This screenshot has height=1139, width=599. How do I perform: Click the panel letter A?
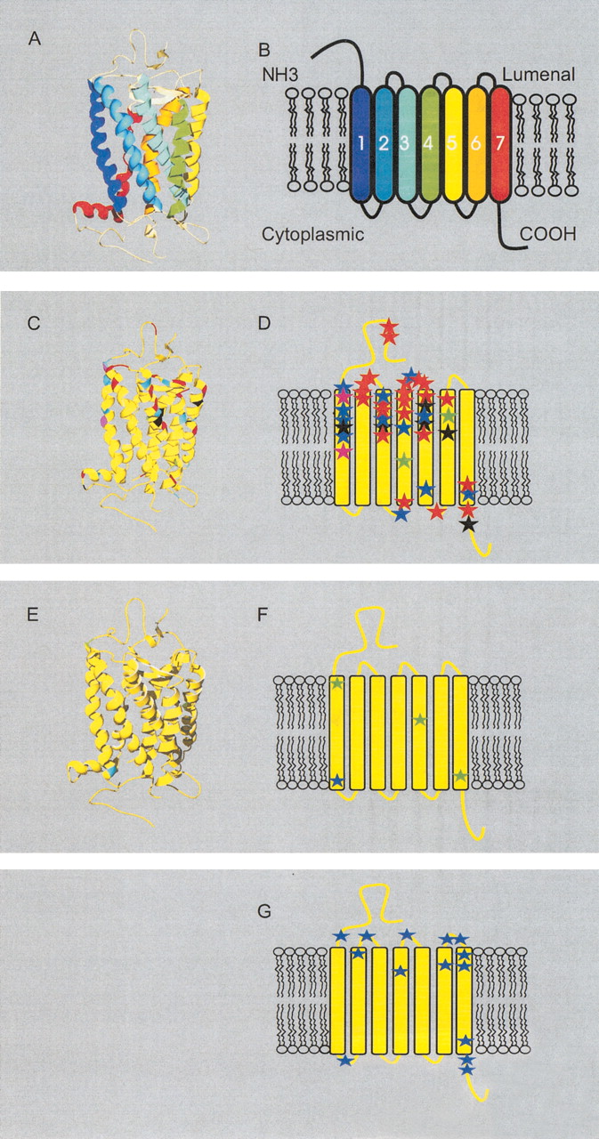(x=34, y=38)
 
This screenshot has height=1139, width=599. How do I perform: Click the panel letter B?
(x=264, y=50)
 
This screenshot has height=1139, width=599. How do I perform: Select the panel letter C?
(x=34, y=323)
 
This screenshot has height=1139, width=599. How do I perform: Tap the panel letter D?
(x=264, y=323)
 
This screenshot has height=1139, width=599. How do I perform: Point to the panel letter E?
(x=33, y=615)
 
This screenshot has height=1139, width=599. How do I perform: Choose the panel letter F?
(x=263, y=615)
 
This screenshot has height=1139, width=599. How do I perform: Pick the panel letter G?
(x=264, y=912)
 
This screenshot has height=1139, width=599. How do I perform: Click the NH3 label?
(x=280, y=76)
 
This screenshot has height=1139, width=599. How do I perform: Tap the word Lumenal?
(x=538, y=75)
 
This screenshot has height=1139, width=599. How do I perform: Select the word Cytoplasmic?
(x=312, y=234)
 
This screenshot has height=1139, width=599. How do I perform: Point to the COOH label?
(x=548, y=234)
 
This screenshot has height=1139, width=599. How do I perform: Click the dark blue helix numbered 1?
(x=361, y=144)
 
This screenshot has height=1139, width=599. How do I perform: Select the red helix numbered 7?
(x=500, y=144)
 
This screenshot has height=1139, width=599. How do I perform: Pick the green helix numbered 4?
(x=431, y=144)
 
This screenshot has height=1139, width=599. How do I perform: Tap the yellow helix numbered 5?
(x=454, y=144)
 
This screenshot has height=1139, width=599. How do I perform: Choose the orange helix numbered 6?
(x=477, y=144)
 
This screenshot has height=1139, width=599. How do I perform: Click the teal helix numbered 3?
(x=408, y=144)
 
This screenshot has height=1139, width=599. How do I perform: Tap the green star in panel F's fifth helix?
(x=419, y=720)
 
